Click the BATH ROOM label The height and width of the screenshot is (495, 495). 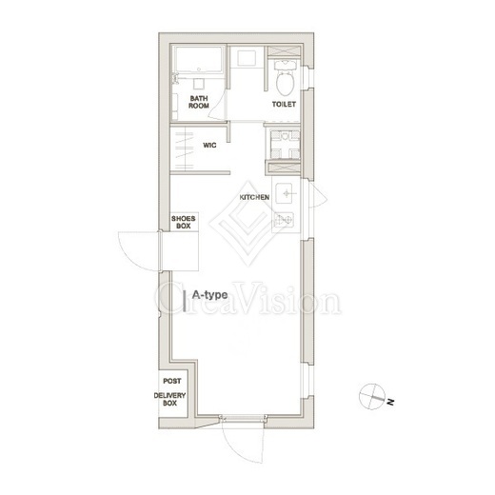coord(199,102)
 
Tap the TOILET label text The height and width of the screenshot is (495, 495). coord(284,104)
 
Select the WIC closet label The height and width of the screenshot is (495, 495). coord(209,146)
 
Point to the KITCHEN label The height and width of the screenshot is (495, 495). coord(254,197)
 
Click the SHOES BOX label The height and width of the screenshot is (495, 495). coord(184,222)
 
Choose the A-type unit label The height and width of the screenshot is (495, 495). coord(209,295)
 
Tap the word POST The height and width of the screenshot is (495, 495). coord(172,381)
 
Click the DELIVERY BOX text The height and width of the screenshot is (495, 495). coord(169,399)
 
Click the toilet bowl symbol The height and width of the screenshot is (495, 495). coord(285,83)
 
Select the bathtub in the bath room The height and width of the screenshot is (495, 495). coord(198,60)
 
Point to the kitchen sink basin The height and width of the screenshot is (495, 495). coord(287,193)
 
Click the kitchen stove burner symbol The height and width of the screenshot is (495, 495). coord(284,219)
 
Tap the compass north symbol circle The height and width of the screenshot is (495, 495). coord(371,397)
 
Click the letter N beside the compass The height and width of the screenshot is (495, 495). coord(390,402)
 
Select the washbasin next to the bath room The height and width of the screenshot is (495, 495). coord(247,58)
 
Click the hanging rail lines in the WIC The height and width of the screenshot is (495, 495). coord(185,149)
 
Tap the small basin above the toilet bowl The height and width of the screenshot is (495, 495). coord(285,65)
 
